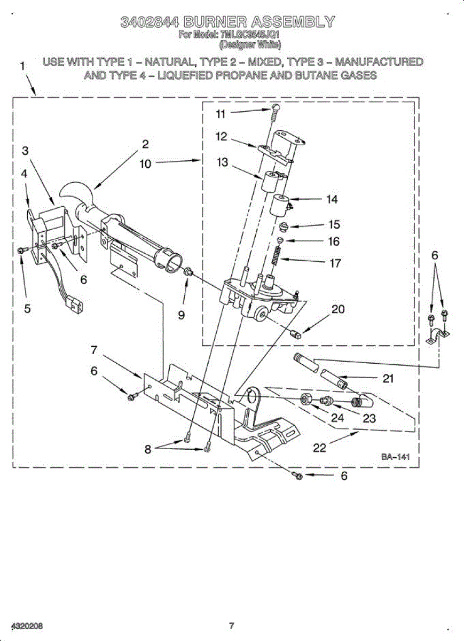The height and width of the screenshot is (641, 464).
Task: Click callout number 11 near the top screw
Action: click(x=221, y=113)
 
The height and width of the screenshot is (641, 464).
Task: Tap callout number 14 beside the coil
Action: click(x=332, y=199)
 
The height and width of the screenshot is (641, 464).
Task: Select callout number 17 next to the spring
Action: click(x=335, y=263)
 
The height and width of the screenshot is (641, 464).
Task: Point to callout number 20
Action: click(x=338, y=309)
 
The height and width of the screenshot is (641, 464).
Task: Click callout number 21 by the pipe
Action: click(x=388, y=379)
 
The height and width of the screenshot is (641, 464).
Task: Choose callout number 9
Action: click(x=182, y=315)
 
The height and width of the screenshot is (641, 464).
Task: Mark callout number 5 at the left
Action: click(x=27, y=308)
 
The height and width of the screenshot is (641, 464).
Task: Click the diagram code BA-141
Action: click(x=395, y=457)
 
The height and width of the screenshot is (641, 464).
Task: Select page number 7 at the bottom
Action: click(x=232, y=626)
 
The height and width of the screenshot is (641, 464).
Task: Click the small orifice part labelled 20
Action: click(x=295, y=335)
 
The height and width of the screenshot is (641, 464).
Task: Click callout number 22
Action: click(x=319, y=448)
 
